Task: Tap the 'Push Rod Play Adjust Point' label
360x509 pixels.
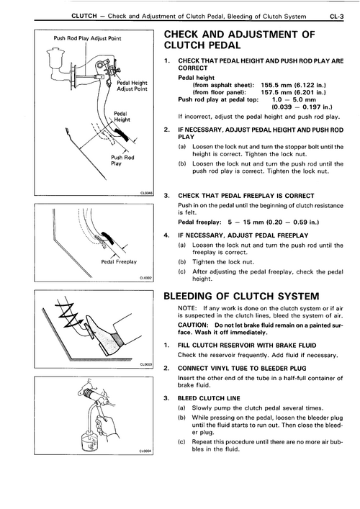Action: click(87, 38)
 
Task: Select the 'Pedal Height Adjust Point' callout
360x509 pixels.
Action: click(132, 86)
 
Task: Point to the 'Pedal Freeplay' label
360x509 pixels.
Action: click(119, 261)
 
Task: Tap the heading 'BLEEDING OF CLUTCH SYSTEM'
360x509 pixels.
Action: click(241, 296)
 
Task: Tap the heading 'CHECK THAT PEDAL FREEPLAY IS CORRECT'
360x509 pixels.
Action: click(246, 196)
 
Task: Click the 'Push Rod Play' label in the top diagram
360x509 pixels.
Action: click(122, 161)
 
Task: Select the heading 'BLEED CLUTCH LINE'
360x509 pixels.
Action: click(209, 398)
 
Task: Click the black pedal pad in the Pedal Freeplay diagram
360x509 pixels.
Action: click(107, 238)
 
